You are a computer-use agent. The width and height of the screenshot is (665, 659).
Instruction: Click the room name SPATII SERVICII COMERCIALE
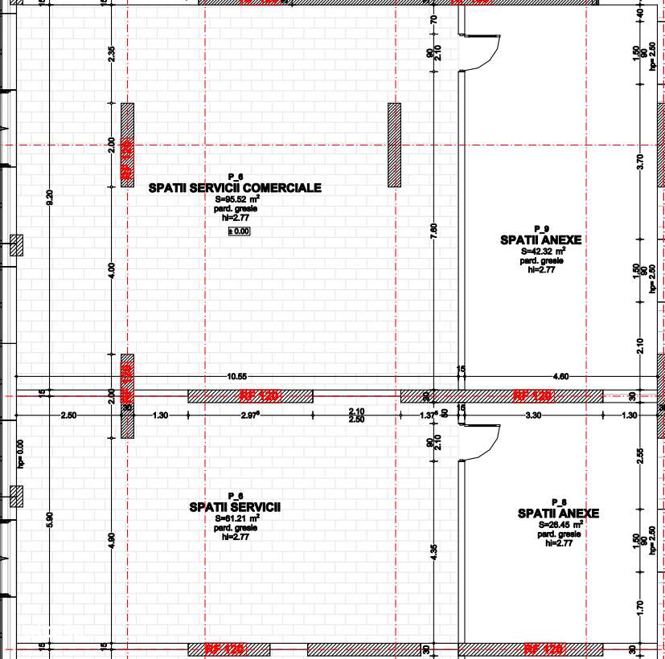[x=235, y=188]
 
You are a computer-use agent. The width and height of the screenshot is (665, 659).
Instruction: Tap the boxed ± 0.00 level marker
[x=240, y=231]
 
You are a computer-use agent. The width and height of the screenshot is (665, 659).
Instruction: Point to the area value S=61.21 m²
[x=236, y=519]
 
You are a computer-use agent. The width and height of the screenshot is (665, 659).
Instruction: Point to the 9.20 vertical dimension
[x=50, y=199]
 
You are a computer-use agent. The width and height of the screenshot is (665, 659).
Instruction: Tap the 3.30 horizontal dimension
[x=532, y=415]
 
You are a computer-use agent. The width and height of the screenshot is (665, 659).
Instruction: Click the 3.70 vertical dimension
[x=640, y=162]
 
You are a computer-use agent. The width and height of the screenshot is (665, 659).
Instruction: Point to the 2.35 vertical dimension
[x=112, y=54]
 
